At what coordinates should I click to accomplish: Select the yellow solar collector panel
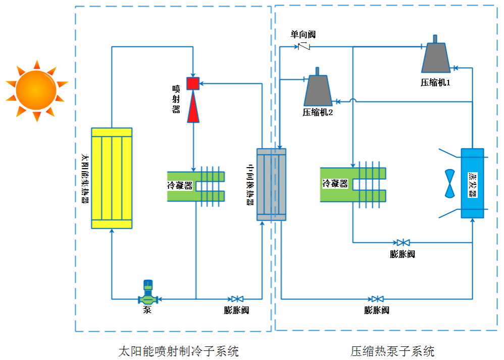(x=112, y=178)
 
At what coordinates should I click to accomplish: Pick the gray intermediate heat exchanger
(x=271, y=185)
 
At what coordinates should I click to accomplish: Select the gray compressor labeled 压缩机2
(x=318, y=90)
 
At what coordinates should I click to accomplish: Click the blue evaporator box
(x=472, y=183)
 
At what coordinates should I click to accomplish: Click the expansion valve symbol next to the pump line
(x=237, y=299)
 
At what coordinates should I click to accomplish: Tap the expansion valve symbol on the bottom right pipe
(x=376, y=299)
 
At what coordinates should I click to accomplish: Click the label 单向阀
(x=303, y=34)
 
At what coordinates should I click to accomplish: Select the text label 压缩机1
(x=435, y=82)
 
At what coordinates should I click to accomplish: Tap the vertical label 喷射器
(x=176, y=99)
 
